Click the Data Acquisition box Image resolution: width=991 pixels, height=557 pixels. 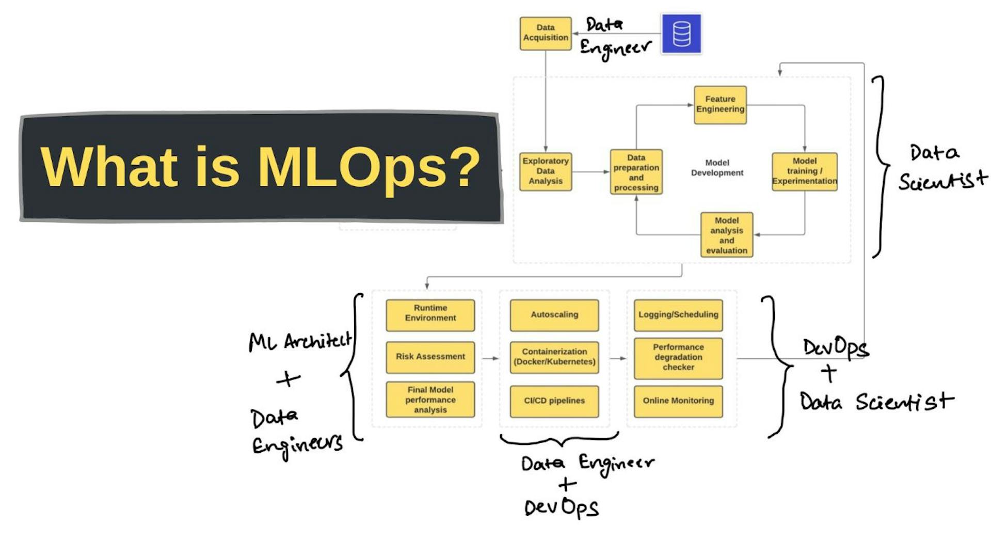tap(546, 33)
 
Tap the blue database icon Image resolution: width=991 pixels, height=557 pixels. tap(681, 34)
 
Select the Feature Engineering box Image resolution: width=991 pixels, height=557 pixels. tap(720, 105)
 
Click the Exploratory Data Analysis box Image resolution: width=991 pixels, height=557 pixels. tap(546, 171)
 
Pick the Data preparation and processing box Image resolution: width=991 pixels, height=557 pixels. tap(636, 172)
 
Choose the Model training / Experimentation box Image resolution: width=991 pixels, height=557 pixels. tap(804, 171)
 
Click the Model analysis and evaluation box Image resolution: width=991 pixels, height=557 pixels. tap(727, 235)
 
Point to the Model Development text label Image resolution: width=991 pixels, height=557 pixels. tap(717, 168)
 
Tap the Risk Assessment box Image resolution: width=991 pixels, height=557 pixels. tap(430, 357)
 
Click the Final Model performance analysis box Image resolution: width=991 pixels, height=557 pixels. tap(430, 400)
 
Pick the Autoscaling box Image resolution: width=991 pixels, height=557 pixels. tap(554, 315)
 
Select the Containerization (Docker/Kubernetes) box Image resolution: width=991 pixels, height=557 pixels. tap(554, 357)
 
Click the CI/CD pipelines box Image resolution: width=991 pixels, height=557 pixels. tap(554, 401)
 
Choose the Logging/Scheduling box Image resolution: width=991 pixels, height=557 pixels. tap(678, 315)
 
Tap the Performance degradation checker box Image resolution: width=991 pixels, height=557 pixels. tap(678, 357)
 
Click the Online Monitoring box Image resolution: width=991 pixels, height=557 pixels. tap(678, 401)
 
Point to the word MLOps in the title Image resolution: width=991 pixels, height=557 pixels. tap(351, 167)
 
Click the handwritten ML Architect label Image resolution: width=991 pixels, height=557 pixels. tap(300, 341)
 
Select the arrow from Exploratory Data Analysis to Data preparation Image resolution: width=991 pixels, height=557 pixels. tap(590, 171)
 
